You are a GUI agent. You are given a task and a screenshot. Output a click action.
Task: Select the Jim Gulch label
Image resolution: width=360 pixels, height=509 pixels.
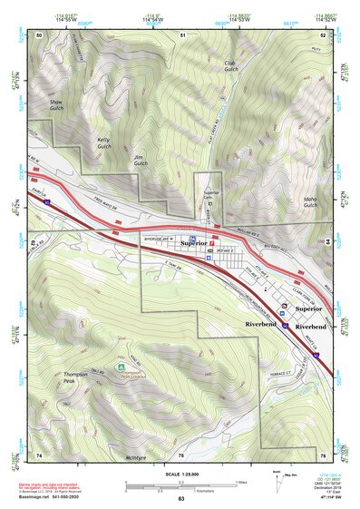(139, 161)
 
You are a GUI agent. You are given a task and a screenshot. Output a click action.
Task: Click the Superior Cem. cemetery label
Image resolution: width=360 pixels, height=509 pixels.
(211, 194)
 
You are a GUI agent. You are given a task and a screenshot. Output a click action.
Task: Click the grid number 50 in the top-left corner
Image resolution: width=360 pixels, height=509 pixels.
(39, 34)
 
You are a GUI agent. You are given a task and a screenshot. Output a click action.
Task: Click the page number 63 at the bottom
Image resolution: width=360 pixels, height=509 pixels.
(180, 499)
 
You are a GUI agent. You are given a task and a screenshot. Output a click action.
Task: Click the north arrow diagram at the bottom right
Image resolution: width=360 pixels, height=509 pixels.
(277, 478)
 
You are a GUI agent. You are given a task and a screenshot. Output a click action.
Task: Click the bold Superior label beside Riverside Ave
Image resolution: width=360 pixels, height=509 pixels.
(193, 244)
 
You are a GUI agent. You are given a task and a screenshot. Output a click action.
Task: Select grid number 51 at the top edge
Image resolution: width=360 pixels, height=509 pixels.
(182, 34)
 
